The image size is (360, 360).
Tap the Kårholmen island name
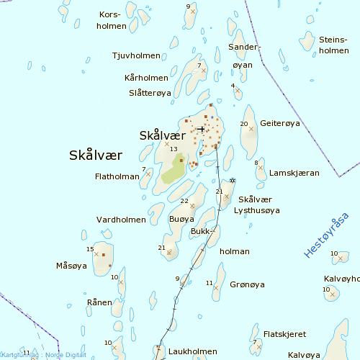coord(146,78)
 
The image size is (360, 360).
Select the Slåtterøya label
coord(149,93)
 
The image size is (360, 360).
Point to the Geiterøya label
coord(279,123)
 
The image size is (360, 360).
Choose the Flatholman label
coord(117,176)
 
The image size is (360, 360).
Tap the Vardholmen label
coord(120,219)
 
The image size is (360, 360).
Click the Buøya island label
coord(181,219)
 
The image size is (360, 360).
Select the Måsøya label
coord(71,266)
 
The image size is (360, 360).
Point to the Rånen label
coord(99,302)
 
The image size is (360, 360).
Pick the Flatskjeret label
coord(285,334)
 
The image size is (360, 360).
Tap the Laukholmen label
coord(192,351)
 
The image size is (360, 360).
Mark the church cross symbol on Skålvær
coord(201,130)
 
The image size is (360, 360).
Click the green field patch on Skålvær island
coord(173,171)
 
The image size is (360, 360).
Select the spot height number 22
coord(184,201)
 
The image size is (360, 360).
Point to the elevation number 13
coord(174,149)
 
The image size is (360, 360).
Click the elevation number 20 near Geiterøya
coord(243,125)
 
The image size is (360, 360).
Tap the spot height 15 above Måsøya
coord(90,249)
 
